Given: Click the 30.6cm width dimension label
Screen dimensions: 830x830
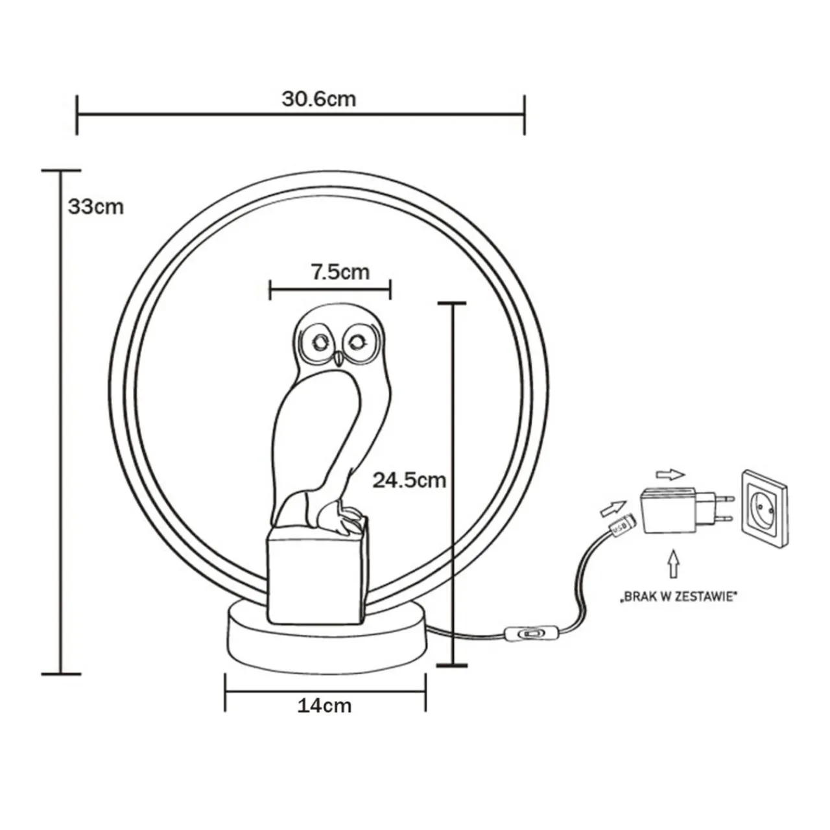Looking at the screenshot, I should (x=318, y=99).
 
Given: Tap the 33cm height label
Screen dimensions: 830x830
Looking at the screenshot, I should (x=95, y=207).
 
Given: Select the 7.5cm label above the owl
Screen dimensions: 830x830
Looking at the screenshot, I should (x=340, y=272).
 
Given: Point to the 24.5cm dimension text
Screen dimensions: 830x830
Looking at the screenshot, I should (x=409, y=480).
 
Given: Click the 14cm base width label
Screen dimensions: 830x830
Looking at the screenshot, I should (x=324, y=705).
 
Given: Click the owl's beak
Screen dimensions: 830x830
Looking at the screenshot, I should (x=337, y=358).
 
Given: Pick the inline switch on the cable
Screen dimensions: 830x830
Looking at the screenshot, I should (x=530, y=631).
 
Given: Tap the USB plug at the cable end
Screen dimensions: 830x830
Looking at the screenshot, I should (x=619, y=527).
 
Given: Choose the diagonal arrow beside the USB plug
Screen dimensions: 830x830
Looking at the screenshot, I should (x=613, y=504).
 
